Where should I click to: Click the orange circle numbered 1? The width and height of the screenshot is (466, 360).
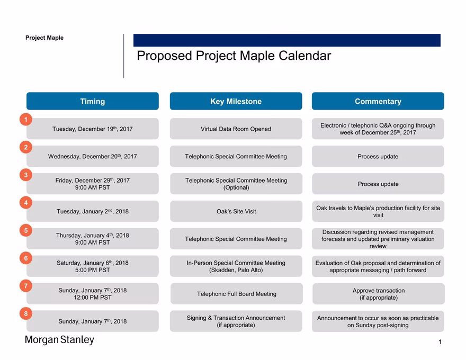26,120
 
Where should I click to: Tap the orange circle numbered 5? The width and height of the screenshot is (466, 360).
26,230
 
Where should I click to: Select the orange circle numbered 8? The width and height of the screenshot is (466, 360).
26,313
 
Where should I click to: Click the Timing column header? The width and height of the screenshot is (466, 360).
93,101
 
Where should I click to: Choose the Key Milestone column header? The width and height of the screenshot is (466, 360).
236,101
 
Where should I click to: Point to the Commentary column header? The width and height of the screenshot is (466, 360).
378,101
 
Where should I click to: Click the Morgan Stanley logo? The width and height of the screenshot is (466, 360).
59,339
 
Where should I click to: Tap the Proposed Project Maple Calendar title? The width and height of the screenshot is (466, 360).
234,56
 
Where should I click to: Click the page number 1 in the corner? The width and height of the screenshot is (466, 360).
440,342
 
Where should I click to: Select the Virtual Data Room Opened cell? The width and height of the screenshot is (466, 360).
236,129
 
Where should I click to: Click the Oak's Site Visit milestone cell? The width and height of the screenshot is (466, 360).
236,211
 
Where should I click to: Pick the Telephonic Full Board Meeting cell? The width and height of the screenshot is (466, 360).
237,294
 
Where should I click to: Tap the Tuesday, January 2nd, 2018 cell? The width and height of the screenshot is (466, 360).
93,211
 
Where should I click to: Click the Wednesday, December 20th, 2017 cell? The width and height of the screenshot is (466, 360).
93,156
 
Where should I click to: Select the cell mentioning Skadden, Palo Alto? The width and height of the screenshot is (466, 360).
236,266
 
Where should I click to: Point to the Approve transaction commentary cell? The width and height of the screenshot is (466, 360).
379,294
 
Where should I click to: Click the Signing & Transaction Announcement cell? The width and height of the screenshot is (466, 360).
236,321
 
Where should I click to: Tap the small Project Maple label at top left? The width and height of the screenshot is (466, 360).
44,38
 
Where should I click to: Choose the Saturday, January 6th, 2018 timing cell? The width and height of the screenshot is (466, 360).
93,266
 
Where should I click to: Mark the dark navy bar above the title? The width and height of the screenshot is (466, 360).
287,40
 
